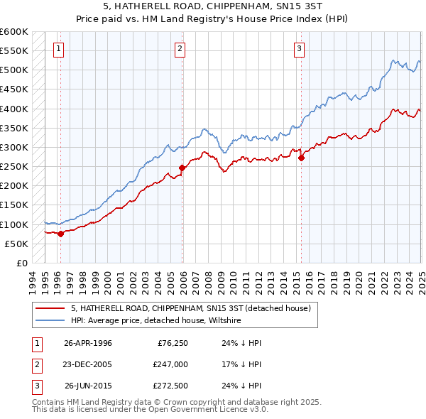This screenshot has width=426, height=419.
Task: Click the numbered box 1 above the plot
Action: pyautogui.click(x=58, y=49)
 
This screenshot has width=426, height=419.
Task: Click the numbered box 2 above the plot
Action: pyautogui.click(x=180, y=49)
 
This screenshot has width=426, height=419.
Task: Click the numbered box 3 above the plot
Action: pyautogui.click(x=299, y=49)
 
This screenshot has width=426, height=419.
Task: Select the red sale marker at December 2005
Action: pyautogui.click(x=182, y=168)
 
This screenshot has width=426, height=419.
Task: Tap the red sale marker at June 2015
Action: pyautogui.click(x=301, y=158)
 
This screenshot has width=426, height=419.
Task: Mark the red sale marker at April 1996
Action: pyautogui.click(x=60, y=234)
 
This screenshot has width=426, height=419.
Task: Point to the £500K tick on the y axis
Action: pyautogui.click(x=14, y=70)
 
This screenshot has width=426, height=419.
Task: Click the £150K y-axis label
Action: pyautogui.click(x=14, y=205)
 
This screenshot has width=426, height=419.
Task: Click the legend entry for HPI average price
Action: pyautogui.click(x=156, y=321)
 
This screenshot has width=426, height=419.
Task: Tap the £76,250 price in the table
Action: pyautogui.click(x=173, y=342)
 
